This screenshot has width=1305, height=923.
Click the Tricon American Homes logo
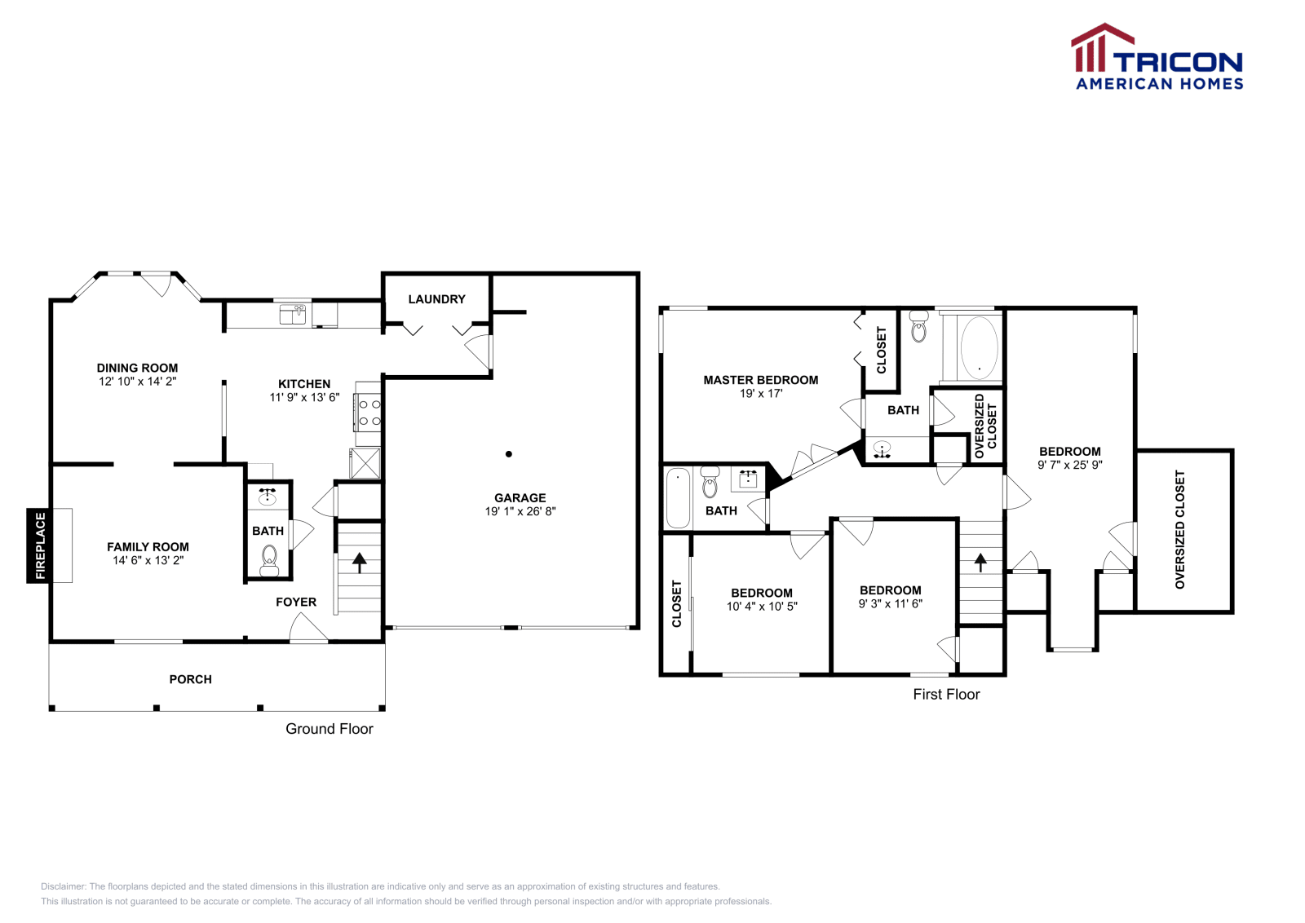1157,57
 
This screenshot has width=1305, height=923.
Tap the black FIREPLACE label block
39,545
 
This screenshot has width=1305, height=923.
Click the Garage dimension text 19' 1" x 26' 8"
520,511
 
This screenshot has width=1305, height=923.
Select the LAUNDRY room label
436,299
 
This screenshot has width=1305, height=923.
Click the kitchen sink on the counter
292,314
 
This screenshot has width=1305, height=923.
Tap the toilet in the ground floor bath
269,559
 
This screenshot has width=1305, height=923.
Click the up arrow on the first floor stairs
980,562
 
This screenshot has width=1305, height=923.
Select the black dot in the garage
509,454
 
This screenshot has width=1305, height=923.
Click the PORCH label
190,679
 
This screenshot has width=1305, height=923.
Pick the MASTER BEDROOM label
760,380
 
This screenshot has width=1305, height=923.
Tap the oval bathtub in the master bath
979,348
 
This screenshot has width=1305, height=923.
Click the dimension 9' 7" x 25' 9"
1069,465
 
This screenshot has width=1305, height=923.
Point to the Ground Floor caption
329,729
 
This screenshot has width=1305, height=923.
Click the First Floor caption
946,695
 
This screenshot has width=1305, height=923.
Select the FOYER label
295,603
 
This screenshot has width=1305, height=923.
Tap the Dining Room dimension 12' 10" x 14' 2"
137,381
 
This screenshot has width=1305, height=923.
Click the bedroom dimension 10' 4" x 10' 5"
761,607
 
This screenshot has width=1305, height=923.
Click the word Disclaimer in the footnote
62,886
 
